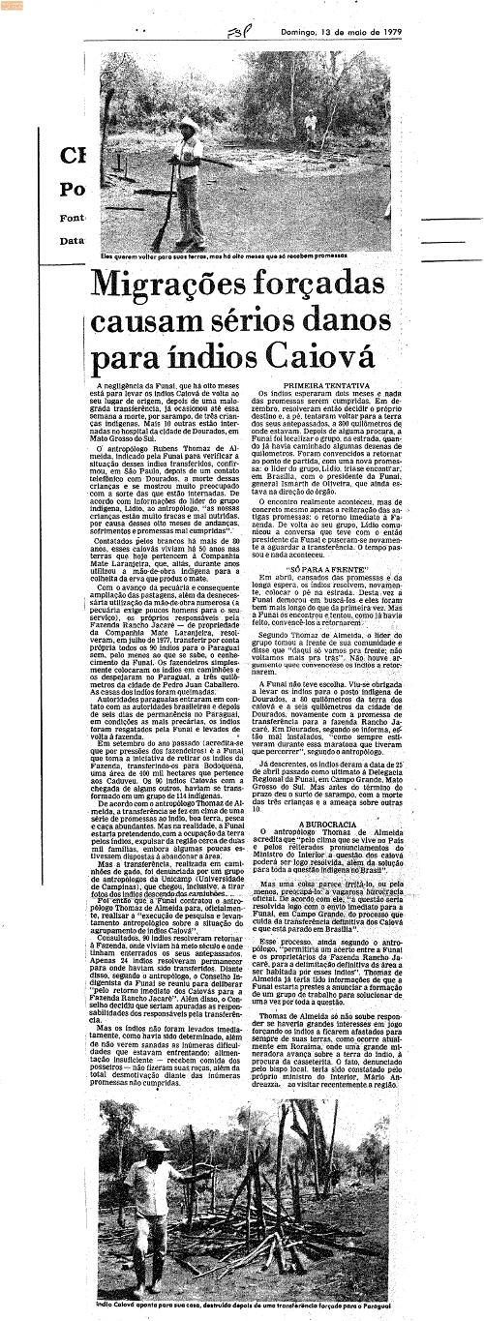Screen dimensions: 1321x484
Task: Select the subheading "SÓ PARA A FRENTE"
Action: point(315,572)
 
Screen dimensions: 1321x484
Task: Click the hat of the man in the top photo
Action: point(188,124)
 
